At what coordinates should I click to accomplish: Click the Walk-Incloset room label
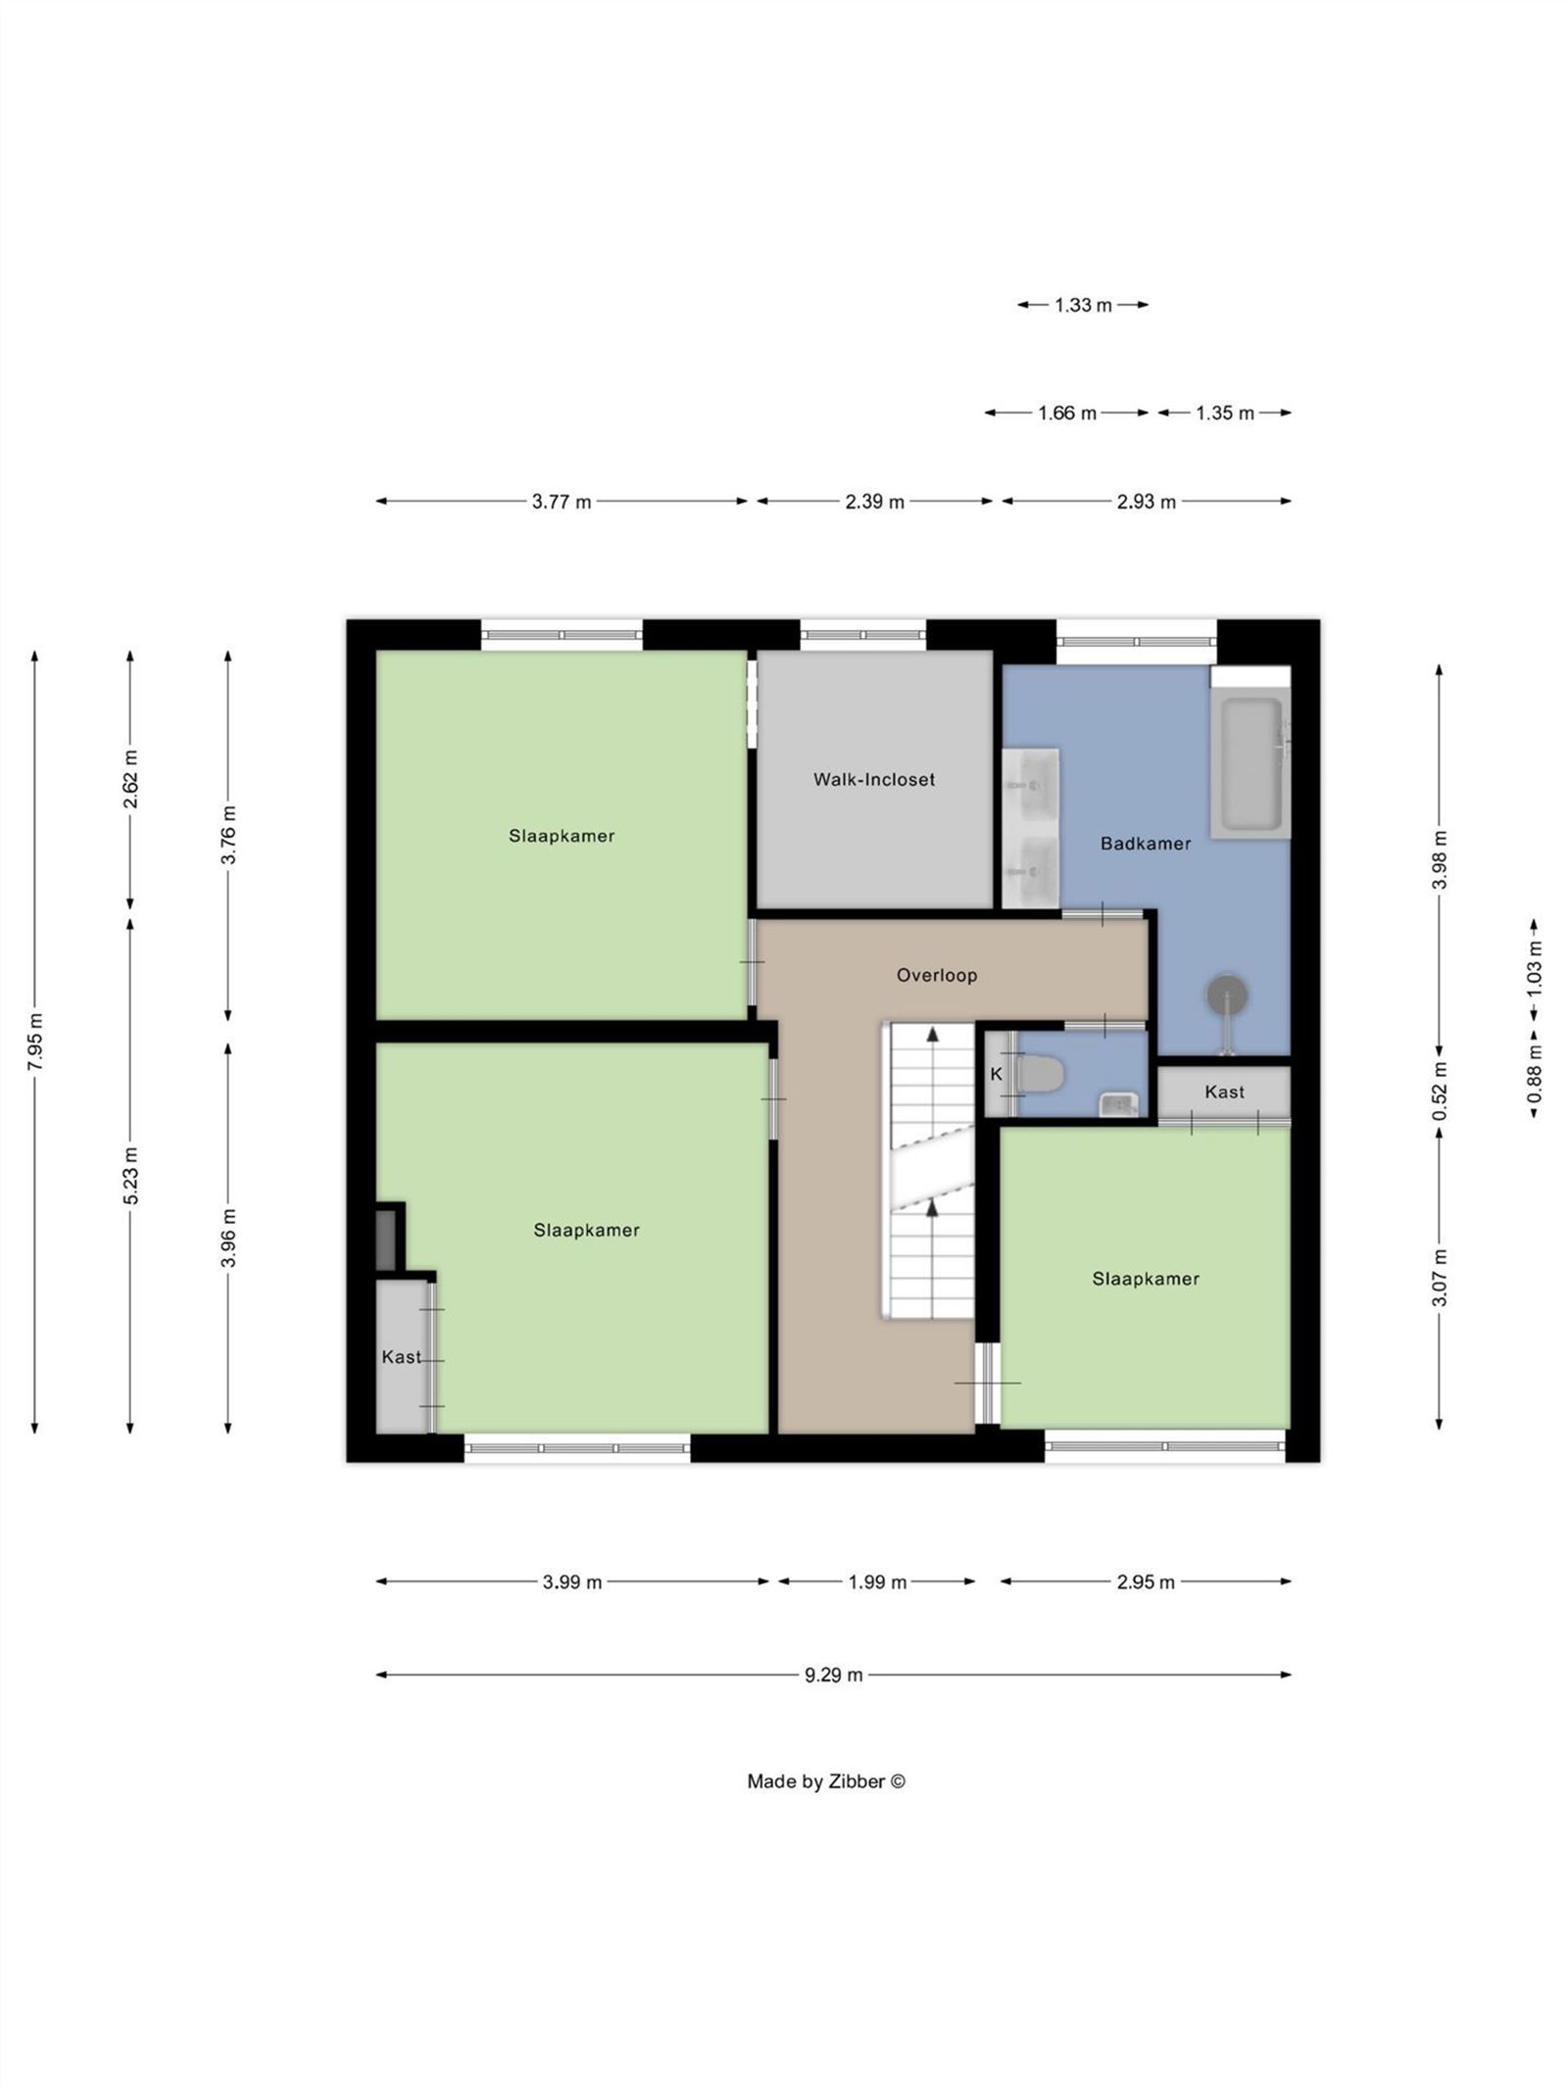pyautogui.click(x=873, y=779)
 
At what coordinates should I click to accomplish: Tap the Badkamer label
pyautogui.click(x=1145, y=843)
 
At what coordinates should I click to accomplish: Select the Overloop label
pyautogui.click(x=936, y=975)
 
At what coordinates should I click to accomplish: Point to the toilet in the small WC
pyautogui.click(x=1040, y=1074)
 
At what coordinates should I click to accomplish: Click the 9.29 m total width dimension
pyautogui.click(x=833, y=1675)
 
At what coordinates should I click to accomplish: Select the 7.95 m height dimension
pyautogui.click(x=35, y=1042)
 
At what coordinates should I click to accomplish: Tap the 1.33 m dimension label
pyautogui.click(x=1082, y=305)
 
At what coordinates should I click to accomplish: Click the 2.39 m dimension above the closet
pyautogui.click(x=874, y=502)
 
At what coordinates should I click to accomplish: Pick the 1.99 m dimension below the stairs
pyautogui.click(x=876, y=1581)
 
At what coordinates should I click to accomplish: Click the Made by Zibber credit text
pyautogui.click(x=825, y=1781)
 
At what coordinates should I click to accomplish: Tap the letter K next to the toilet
pyautogui.click(x=996, y=1074)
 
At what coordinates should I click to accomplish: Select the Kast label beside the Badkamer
pyautogui.click(x=1224, y=1092)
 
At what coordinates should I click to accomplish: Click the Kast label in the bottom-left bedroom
pyautogui.click(x=401, y=1357)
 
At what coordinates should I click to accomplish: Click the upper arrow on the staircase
pyautogui.click(x=933, y=1034)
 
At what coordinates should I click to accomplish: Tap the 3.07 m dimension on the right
pyautogui.click(x=1439, y=1278)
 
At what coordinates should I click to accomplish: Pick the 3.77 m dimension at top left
pyautogui.click(x=562, y=502)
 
